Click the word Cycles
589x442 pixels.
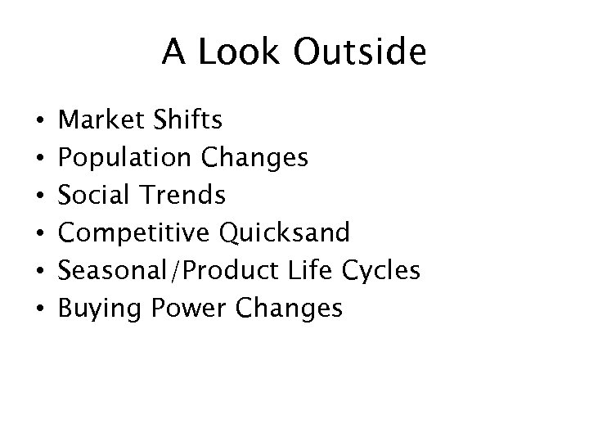tap(384, 270)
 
